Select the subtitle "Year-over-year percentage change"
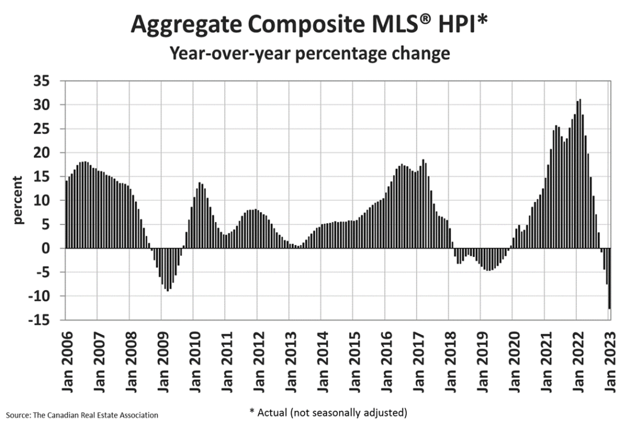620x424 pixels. (310, 53)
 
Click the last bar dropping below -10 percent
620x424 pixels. (609, 278)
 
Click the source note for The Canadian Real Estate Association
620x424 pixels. (82, 415)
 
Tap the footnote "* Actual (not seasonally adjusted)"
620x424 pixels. (328, 413)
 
